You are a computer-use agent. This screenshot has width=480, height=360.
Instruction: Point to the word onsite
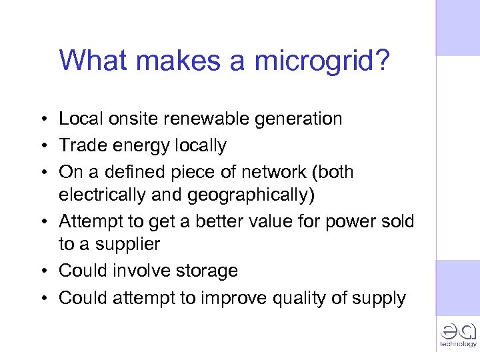click(139, 119)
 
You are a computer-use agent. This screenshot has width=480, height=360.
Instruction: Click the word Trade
click(81, 146)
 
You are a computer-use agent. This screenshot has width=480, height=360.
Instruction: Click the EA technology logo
click(458, 334)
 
